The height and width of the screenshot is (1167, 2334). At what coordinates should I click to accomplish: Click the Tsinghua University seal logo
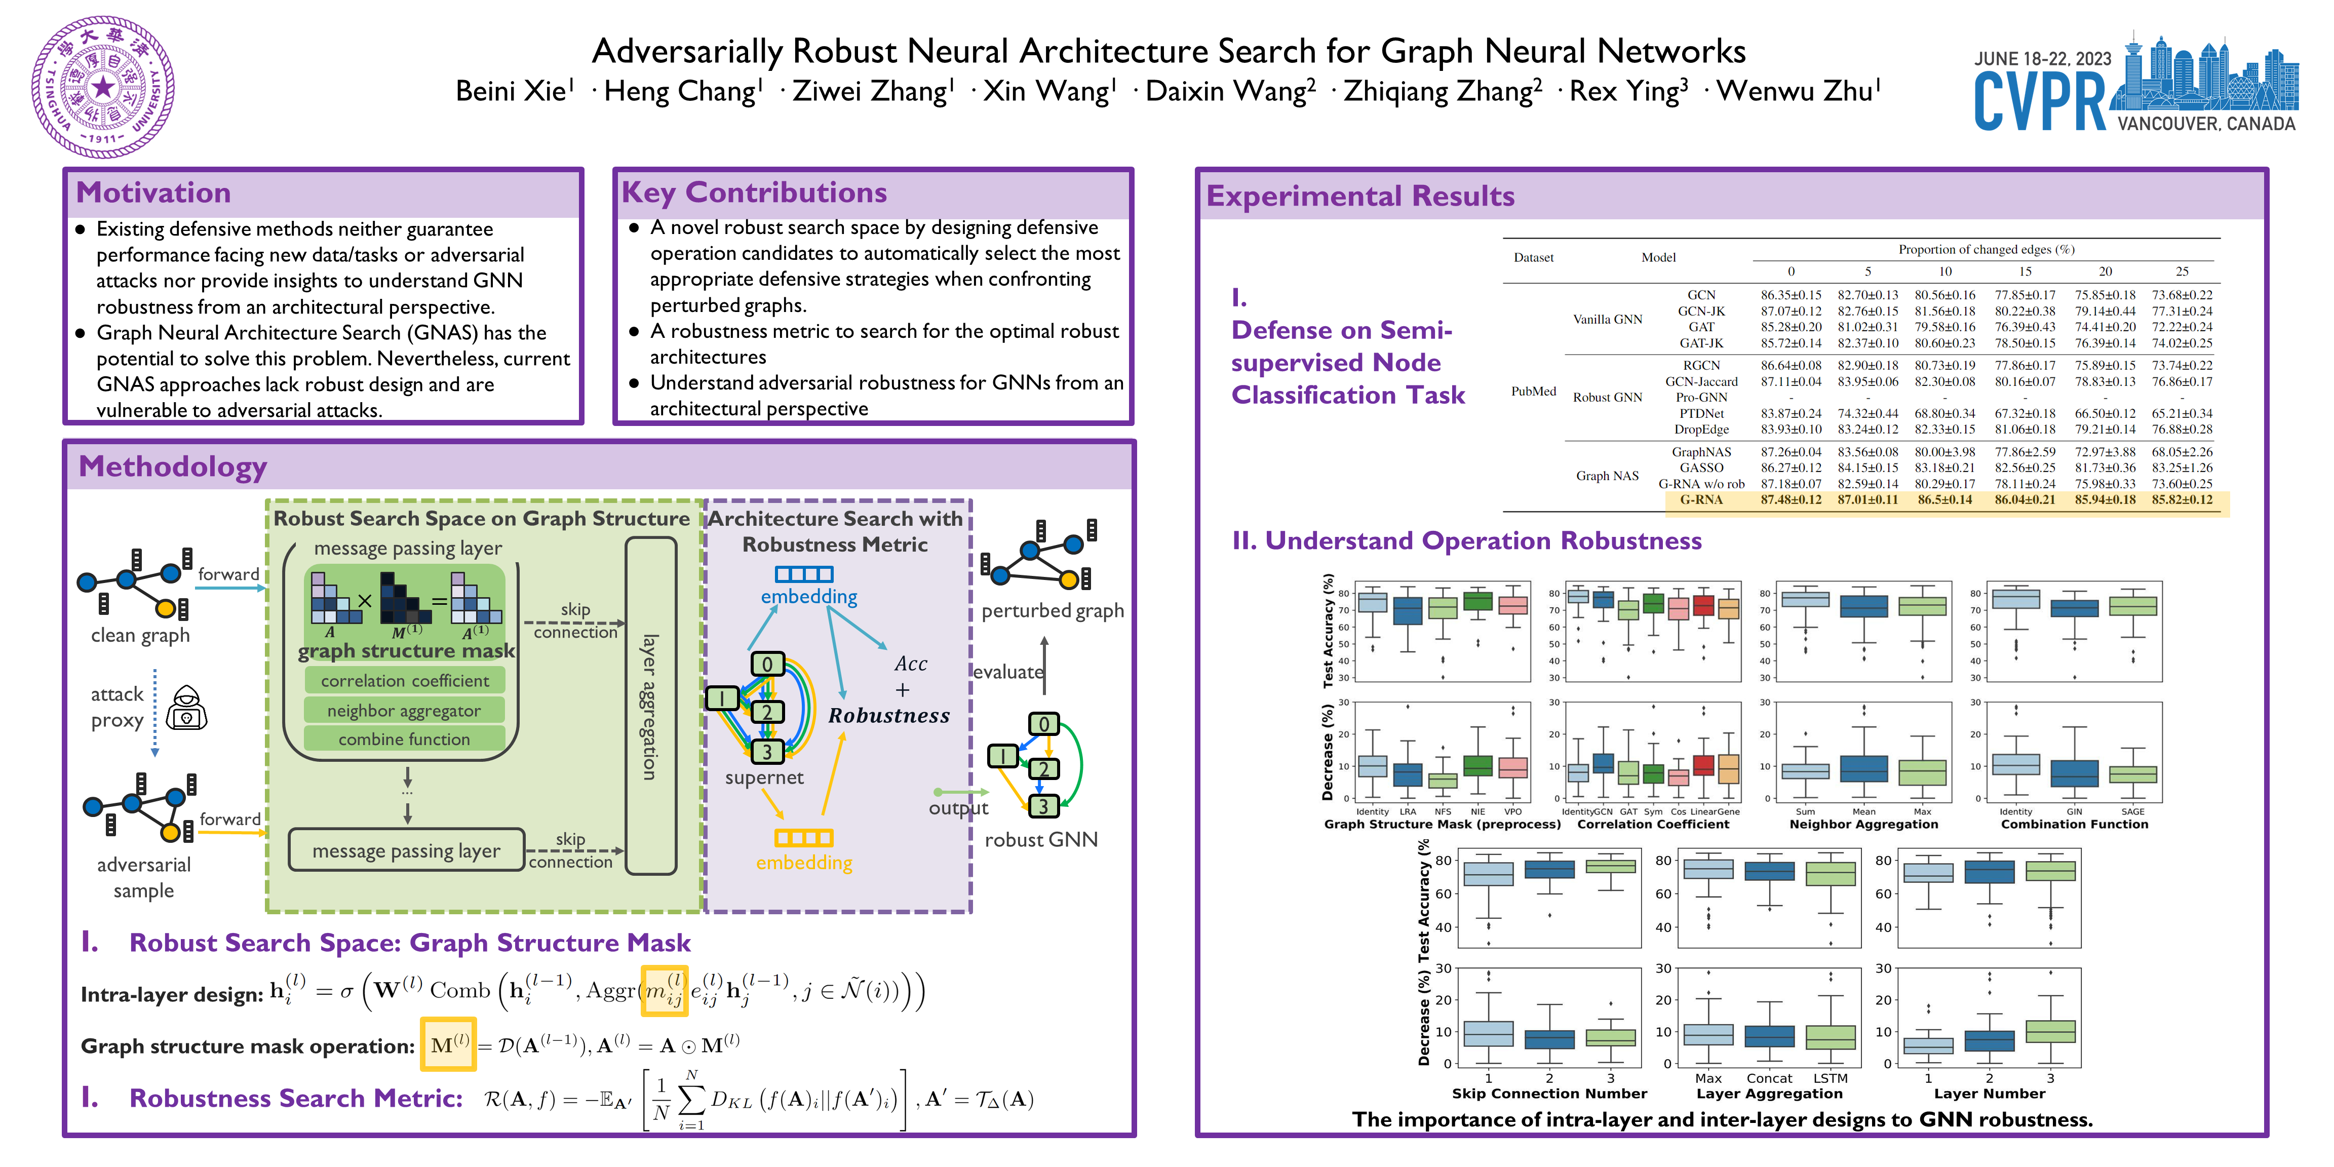coord(102,87)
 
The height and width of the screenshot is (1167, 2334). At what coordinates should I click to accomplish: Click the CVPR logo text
coord(2040,102)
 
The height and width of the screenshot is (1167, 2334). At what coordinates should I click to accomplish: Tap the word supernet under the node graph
coord(764,777)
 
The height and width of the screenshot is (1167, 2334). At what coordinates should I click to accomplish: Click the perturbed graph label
coord(1052,611)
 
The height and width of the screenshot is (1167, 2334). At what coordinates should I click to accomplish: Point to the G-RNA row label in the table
coord(1701,500)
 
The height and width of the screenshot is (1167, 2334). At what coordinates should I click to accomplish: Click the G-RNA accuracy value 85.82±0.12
coord(2182,500)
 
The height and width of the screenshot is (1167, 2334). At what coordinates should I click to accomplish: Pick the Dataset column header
coord(1533,257)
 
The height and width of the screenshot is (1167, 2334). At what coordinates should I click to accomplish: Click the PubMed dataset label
coord(1533,392)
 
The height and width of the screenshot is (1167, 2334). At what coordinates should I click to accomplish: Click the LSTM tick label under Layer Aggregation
coord(1830,1078)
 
